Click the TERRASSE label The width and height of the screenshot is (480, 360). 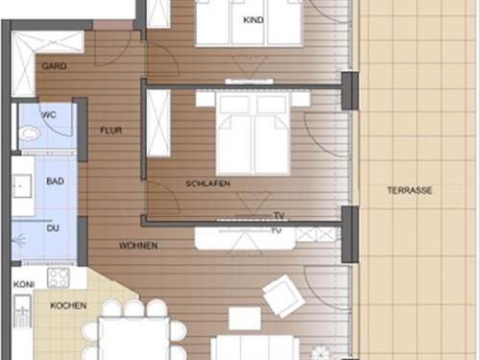click(409, 190)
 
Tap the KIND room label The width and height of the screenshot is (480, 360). click(253, 20)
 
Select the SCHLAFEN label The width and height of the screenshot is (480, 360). click(207, 183)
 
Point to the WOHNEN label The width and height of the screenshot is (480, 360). click(138, 246)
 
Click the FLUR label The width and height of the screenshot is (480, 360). click(111, 131)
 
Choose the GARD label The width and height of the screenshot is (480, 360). click(54, 66)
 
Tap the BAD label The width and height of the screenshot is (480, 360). click(55, 181)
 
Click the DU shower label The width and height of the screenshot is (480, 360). click(53, 228)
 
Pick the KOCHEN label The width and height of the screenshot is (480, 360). click(68, 305)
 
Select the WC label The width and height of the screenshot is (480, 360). click(49, 114)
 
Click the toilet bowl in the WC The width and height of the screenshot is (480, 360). click(29, 133)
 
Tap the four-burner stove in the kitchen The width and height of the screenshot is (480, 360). click(59, 278)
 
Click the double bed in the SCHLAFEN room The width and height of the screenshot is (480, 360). click(252, 132)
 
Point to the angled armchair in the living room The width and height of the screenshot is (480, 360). click(283, 297)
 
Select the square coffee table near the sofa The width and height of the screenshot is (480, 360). click(245, 319)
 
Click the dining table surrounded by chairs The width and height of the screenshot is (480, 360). click(133, 339)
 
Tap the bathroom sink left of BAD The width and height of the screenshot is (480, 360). click(22, 186)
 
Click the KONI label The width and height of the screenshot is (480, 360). click(24, 284)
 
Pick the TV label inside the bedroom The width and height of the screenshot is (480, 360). click(279, 215)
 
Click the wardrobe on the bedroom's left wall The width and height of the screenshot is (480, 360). click(158, 124)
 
